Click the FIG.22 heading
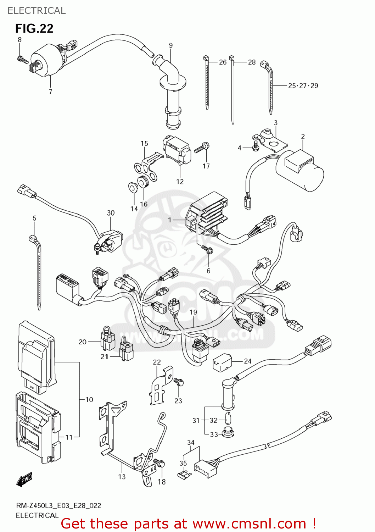[x=34, y=28]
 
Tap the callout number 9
[x=171, y=45]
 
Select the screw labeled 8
[x=23, y=59]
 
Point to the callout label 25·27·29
[x=303, y=86]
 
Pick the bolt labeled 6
[x=207, y=249]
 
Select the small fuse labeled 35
[x=184, y=474]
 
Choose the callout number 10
[x=89, y=400]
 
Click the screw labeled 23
[x=179, y=382]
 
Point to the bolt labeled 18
[x=159, y=463]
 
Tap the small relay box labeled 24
[x=222, y=362]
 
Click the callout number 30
[x=111, y=213]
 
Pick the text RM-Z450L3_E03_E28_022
[x=58, y=506]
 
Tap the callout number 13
[x=122, y=477]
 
